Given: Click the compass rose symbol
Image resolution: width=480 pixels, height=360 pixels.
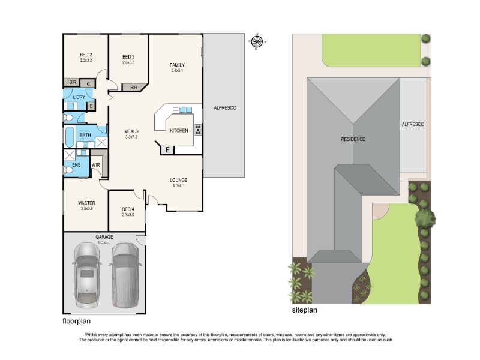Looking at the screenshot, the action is click(x=257, y=41).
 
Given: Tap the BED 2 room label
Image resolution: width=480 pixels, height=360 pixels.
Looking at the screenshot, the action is click(x=86, y=55).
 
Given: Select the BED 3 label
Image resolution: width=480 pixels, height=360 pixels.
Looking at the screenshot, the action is click(x=128, y=57).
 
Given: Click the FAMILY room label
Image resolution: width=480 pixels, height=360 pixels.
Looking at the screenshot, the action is click(x=177, y=65).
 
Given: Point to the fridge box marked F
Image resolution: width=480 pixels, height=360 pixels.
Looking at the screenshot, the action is click(x=167, y=150).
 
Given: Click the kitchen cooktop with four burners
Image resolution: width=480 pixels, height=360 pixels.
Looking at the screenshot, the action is click(x=198, y=130).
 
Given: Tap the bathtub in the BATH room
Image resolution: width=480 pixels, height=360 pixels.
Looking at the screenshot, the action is click(x=70, y=137).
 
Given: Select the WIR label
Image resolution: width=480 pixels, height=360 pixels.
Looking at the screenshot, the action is click(x=96, y=165).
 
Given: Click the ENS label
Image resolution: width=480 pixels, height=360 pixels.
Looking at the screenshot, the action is click(x=76, y=165).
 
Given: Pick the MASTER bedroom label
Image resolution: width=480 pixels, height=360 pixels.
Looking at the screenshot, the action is click(x=86, y=203).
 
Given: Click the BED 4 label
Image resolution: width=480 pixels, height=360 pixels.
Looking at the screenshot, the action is click(x=128, y=209).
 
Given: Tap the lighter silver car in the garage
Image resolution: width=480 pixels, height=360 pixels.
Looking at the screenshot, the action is click(x=87, y=275).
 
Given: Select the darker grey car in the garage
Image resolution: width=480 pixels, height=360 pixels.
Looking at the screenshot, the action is click(x=125, y=275).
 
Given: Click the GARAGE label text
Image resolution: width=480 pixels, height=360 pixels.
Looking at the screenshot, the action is click(x=104, y=237).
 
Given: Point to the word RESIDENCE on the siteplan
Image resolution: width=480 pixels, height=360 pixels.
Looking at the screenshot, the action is click(x=353, y=139).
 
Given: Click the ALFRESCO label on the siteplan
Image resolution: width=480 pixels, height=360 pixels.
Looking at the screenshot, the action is click(x=413, y=124).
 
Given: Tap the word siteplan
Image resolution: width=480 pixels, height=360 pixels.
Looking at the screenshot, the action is click(x=305, y=310).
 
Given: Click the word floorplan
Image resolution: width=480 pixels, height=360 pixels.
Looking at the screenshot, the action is click(x=77, y=321).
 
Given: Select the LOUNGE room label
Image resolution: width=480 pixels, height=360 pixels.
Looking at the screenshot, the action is click(x=178, y=180).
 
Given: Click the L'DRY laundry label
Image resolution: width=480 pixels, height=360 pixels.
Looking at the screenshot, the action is click(x=79, y=97).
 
